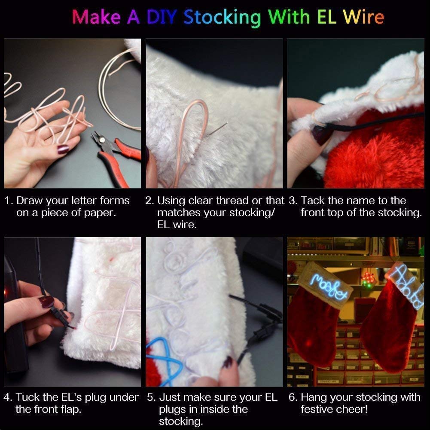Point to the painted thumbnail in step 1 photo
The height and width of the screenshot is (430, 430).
(x=63, y=149)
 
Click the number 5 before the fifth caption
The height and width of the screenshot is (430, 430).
(x=150, y=397)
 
